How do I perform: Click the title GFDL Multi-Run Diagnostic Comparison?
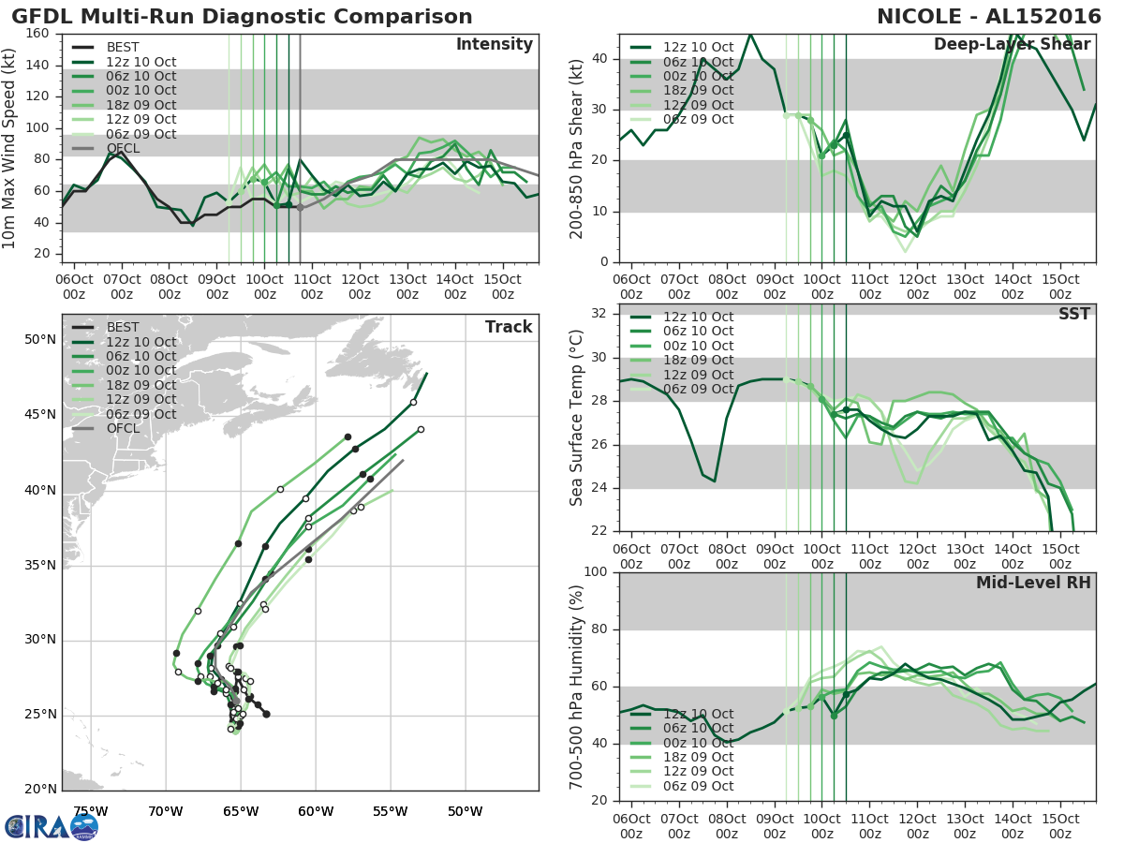242,17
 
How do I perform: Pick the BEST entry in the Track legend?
123,328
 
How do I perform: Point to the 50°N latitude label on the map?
40,339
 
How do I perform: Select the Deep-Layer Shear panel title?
1012,45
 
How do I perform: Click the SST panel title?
1074,314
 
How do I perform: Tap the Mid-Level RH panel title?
1033,583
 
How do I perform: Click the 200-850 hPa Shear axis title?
578,148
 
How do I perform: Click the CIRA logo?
51,826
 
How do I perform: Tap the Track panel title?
509,327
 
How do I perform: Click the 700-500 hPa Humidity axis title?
578,687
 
